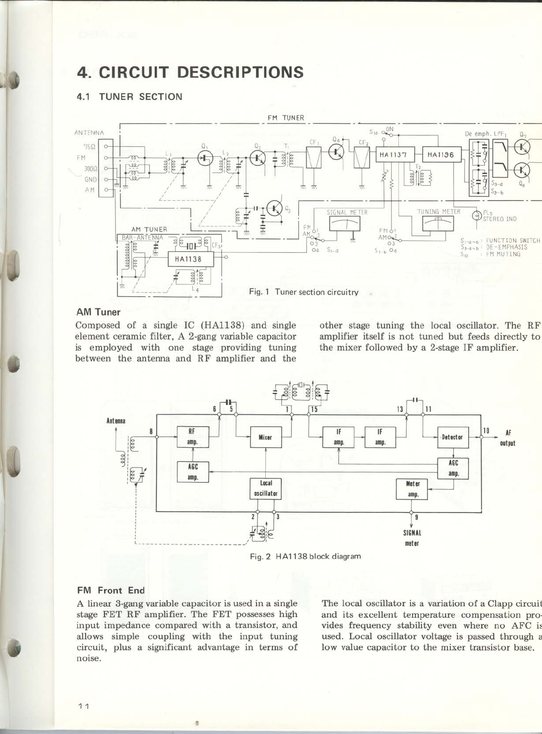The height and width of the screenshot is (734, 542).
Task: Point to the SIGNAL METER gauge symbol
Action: coord(344,223)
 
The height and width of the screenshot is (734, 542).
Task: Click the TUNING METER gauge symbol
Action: coord(437,223)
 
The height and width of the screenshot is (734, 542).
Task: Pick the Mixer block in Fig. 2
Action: coord(266,437)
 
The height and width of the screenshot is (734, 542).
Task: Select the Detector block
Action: coord(452,437)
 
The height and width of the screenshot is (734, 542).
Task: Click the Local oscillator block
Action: coord(266,488)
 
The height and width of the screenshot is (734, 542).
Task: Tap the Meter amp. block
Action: coord(412,489)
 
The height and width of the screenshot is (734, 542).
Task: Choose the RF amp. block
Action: coord(193,436)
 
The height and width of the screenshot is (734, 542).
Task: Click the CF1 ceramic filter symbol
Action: coord(313,158)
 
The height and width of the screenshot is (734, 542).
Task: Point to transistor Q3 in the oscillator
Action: coord(275,209)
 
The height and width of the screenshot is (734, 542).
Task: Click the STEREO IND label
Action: coord(499,219)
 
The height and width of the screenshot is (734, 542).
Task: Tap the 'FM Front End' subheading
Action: coord(111,590)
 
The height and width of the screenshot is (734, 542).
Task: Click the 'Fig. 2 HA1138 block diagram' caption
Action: coord(305,556)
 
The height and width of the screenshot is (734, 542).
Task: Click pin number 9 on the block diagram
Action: coord(416,517)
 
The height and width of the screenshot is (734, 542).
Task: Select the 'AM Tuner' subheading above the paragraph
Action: coord(98,312)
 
